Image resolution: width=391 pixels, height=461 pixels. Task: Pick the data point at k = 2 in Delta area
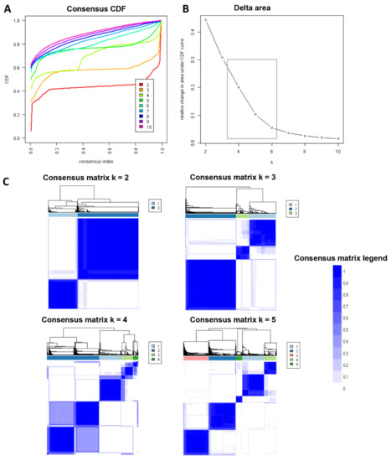point(205,20)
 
